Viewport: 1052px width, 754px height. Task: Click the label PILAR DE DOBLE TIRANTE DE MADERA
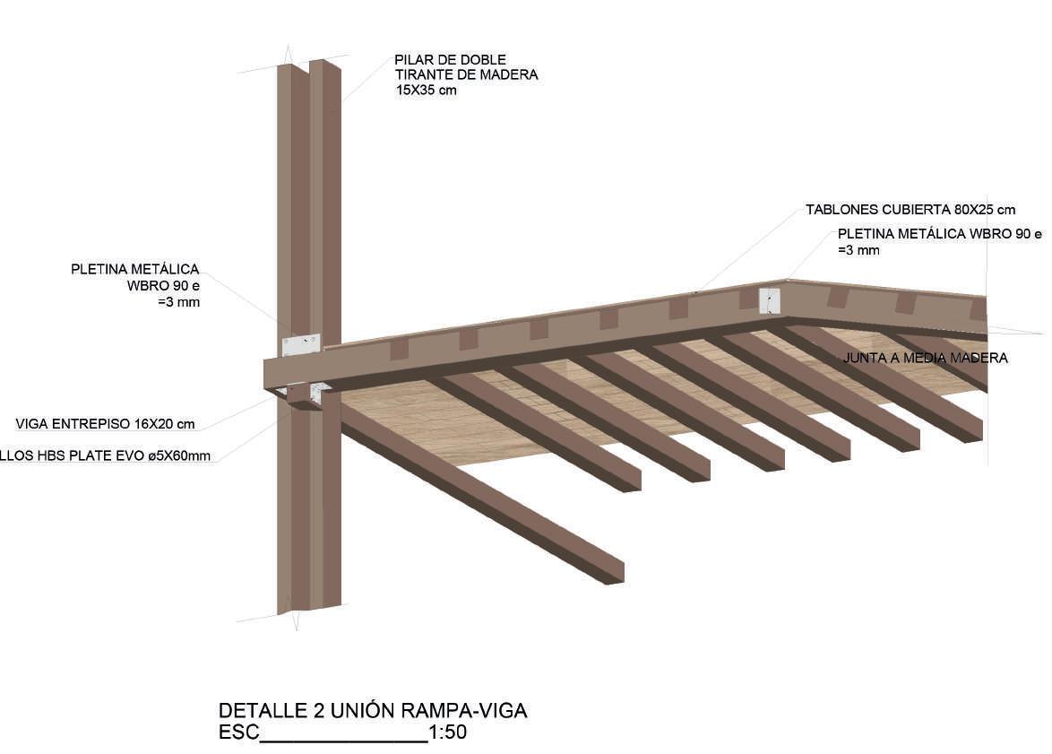pyautogui.click(x=466, y=67)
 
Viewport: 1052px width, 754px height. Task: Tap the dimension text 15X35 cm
pyautogui.click(x=427, y=91)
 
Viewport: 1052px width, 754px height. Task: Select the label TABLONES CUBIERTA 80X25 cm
pyautogui.click(x=910, y=210)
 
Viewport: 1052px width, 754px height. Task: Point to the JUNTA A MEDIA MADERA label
pyautogui.click(x=925, y=358)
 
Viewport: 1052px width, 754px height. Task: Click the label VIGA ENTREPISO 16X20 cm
pyautogui.click(x=105, y=423)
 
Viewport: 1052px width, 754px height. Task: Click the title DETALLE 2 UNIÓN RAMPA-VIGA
pyautogui.click(x=373, y=711)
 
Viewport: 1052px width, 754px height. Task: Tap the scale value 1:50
pyautogui.click(x=448, y=732)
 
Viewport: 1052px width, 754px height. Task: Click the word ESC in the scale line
pyautogui.click(x=238, y=732)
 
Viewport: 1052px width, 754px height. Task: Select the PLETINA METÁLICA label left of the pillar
pyautogui.click(x=136, y=269)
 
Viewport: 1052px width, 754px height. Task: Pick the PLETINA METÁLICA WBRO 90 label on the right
pyautogui.click(x=940, y=234)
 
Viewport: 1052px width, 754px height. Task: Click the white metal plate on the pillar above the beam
pyautogui.click(x=300, y=345)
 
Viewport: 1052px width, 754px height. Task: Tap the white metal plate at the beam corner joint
pyautogui.click(x=770, y=300)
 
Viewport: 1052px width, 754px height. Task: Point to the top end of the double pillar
pyautogui.click(x=309, y=65)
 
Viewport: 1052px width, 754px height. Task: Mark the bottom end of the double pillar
pyautogui.click(x=309, y=608)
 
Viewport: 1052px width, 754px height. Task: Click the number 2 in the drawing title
pyautogui.click(x=318, y=711)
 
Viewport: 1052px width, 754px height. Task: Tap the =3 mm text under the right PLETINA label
pyautogui.click(x=858, y=250)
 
